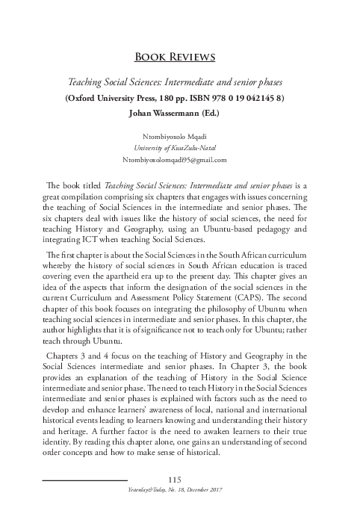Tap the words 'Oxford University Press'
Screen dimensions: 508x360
click(112, 97)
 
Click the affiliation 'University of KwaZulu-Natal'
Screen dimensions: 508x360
click(179, 148)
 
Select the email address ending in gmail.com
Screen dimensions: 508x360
click(179, 160)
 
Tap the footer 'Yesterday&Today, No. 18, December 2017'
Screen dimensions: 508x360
click(179, 489)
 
